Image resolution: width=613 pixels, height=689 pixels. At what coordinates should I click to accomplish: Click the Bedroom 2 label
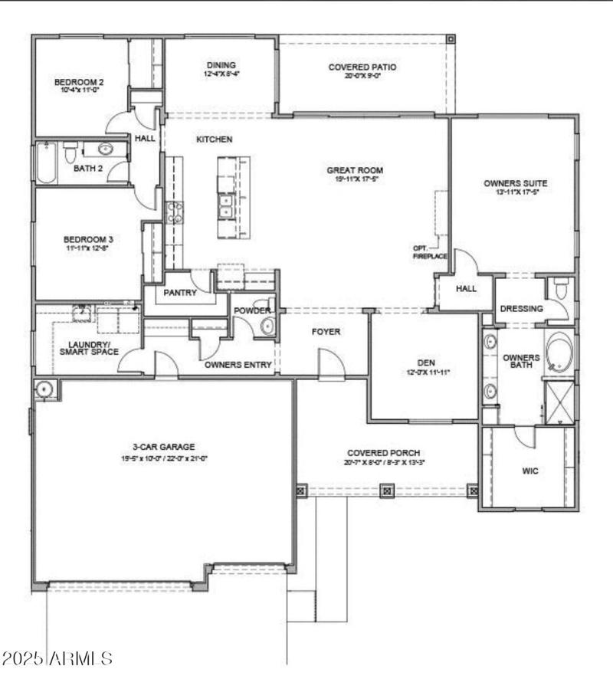click(x=78, y=82)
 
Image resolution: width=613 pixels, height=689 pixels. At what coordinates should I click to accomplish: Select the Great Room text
click(x=355, y=170)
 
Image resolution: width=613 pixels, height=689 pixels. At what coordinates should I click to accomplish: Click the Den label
click(x=426, y=363)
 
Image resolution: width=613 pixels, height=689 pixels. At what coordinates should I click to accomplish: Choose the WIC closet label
click(x=529, y=471)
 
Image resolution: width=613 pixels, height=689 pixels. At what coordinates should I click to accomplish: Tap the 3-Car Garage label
click(x=163, y=446)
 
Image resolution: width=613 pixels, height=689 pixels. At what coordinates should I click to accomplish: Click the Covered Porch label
click(x=383, y=453)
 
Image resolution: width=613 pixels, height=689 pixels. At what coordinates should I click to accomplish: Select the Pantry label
click(x=180, y=293)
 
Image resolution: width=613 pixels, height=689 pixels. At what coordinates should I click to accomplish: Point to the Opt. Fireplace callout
click(x=429, y=251)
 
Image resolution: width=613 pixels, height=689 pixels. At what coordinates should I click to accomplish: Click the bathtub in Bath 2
click(x=47, y=163)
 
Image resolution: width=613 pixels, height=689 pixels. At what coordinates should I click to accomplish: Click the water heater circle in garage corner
click(x=45, y=389)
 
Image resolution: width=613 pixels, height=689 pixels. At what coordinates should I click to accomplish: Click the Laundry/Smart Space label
click(x=90, y=348)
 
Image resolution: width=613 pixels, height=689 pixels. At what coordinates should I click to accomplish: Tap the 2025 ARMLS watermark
click(x=57, y=658)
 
